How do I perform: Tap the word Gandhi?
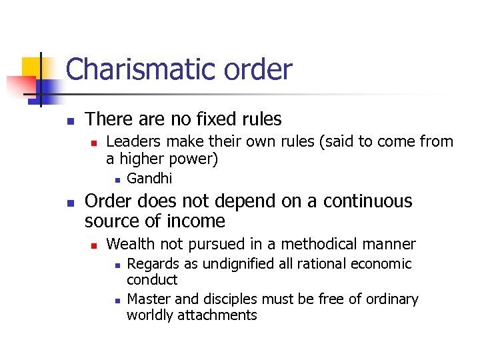pos(149,178)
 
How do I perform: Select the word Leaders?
pos(134,141)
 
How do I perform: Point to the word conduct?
pos(152,280)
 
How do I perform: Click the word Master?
pos(148,299)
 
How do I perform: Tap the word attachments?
pos(217,315)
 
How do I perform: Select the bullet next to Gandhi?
pos(116,179)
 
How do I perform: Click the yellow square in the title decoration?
pos(33,67)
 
